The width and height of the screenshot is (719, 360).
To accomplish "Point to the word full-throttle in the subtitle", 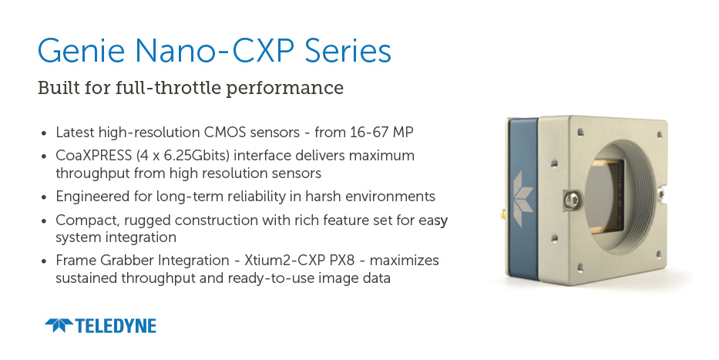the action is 168,88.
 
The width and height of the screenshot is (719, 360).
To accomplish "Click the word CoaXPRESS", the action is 93,156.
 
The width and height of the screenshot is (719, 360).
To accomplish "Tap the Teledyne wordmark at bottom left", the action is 115,326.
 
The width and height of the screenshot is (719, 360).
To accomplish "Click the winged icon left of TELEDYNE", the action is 59,325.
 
